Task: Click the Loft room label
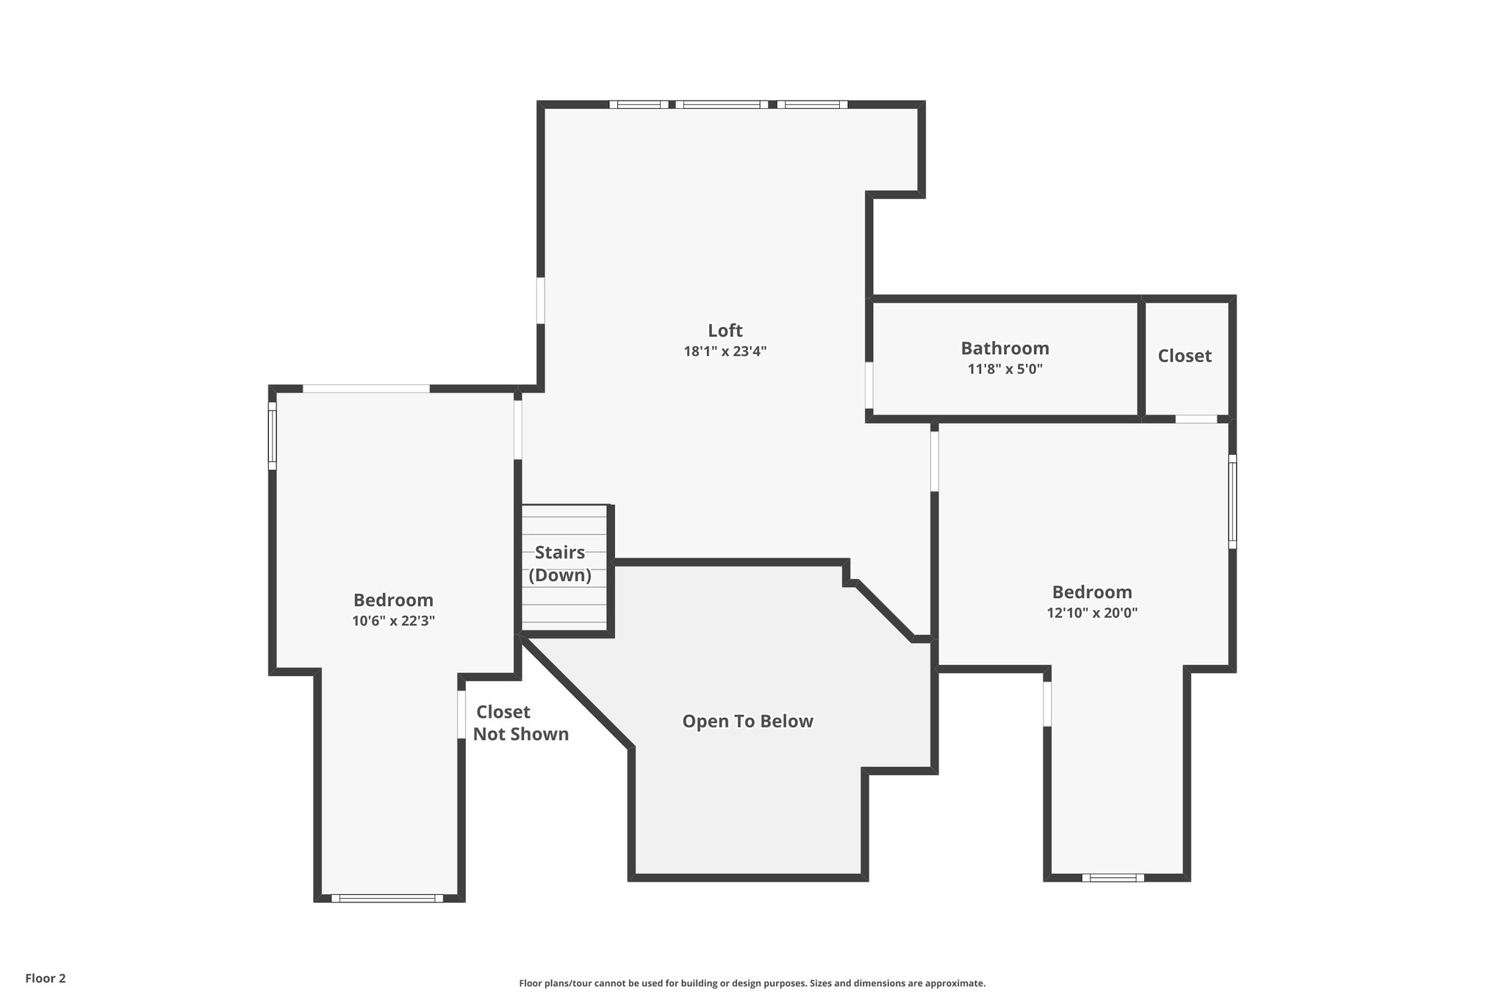(x=725, y=331)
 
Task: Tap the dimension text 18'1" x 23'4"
(x=725, y=351)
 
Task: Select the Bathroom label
(x=1005, y=348)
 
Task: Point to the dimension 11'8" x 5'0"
(x=1005, y=369)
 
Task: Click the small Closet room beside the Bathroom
(x=1185, y=356)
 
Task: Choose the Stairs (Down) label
(x=560, y=564)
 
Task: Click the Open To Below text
(x=747, y=722)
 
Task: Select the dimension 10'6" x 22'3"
(x=393, y=621)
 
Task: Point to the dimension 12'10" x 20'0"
(x=1092, y=613)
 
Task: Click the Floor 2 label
(x=46, y=978)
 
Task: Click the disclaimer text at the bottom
(x=752, y=983)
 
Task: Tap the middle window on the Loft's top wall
(x=722, y=104)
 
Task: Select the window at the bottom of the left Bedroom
(x=387, y=898)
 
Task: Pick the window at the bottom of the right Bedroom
(x=1113, y=877)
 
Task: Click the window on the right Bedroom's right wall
(x=1232, y=501)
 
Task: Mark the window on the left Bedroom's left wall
(x=272, y=436)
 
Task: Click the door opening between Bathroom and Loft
(x=869, y=385)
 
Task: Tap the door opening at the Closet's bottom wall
(x=1196, y=419)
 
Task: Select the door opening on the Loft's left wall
(x=541, y=300)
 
